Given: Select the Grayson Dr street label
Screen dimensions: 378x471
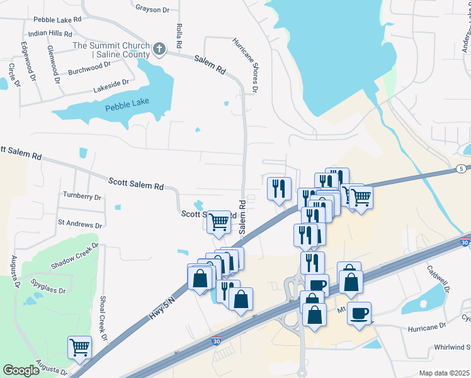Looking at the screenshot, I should (152, 9).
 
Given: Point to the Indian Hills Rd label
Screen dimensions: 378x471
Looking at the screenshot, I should (50, 33).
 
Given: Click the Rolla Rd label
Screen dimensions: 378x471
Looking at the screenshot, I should (179, 36).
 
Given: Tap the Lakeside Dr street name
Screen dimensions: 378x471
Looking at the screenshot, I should (111, 83).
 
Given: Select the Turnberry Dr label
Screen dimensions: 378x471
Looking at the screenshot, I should (82, 197).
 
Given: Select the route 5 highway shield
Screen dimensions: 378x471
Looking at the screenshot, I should (461, 169).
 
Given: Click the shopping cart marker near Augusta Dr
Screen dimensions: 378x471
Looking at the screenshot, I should (79, 346).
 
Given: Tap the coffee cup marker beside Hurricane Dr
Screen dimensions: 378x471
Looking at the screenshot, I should (359, 313).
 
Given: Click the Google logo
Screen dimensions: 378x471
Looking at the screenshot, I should (21, 370).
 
